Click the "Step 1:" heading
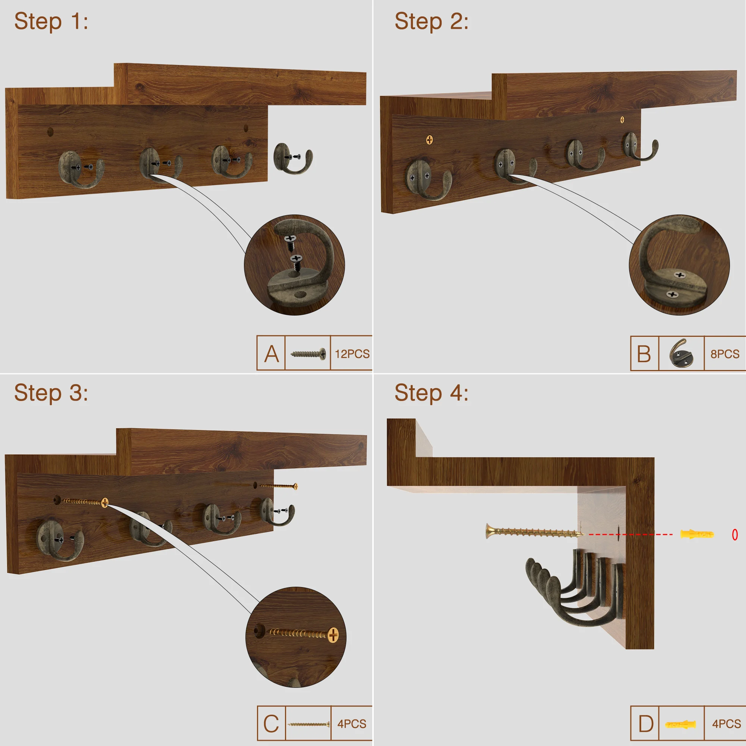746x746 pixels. pyautogui.click(x=51, y=21)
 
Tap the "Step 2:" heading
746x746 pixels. pyautogui.click(x=431, y=21)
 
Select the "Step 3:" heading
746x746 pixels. pyautogui.click(x=51, y=393)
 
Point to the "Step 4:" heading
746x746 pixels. pyautogui.click(x=431, y=393)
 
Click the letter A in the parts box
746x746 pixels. pyautogui.click(x=272, y=354)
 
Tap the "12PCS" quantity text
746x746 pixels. pyautogui.click(x=352, y=354)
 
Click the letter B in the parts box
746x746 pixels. pyautogui.click(x=644, y=354)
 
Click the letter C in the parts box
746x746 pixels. pyautogui.click(x=271, y=724)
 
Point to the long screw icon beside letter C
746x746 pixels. pyautogui.click(x=308, y=724)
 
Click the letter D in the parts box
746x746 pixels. pyautogui.click(x=646, y=724)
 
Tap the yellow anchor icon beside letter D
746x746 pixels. pyautogui.click(x=680, y=724)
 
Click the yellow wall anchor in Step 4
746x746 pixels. pyautogui.click(x=697, y=535)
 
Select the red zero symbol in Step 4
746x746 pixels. pyautogui.click(x=735, y=535)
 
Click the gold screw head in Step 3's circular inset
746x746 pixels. pyautogui.click(x=333, y=635)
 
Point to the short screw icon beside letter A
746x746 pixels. pyautogui.click(x=308, y=354)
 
